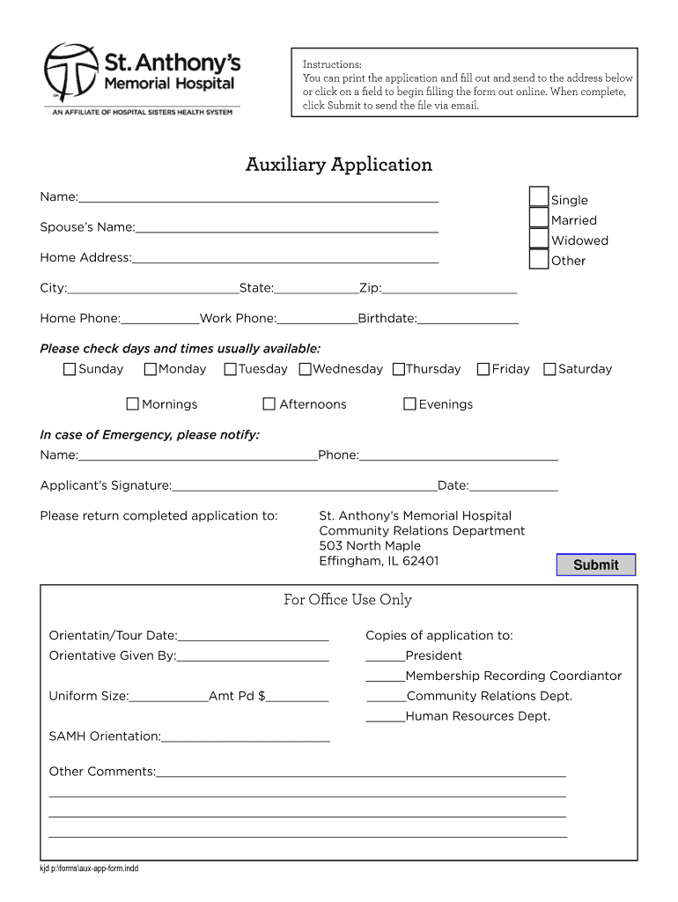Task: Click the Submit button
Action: point(595,565)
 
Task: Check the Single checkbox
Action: point(538,196)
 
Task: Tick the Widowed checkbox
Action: point(538,238)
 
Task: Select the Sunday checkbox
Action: point(70,369)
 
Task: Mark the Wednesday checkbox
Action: point(306,369)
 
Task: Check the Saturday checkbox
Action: point(550,369)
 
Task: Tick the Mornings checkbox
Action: point(133,404)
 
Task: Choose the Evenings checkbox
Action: point(409,404)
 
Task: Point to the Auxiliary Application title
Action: point(339,165)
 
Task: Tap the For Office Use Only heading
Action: point(348,600)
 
